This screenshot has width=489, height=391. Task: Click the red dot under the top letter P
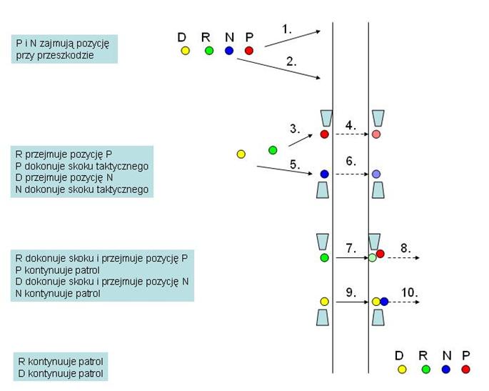click(249, 51)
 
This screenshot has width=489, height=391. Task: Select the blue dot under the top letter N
click(228, 51)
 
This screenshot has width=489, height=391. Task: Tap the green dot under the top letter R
click(208, 51)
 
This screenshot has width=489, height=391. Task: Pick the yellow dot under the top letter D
click(185, 51)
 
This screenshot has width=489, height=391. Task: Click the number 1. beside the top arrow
click(287, 29)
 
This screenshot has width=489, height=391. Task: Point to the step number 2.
click(291, 61)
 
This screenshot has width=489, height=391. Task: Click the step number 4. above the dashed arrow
click(350, 125)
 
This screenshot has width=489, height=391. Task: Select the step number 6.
click(351, 162)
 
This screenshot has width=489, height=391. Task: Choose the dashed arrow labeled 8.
click(403, 257)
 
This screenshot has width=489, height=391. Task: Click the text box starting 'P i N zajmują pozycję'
click(64, 49)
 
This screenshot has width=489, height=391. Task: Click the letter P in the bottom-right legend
click(465, 355)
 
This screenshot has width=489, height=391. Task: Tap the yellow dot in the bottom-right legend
click(402, 370)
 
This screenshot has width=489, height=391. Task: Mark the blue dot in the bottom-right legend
click(446, 370)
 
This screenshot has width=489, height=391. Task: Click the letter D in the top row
click(182, 36)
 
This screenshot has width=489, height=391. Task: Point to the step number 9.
click(350, 292)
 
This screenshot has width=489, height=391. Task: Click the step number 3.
click(295, 129)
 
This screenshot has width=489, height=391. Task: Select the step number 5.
click(295, 164)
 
